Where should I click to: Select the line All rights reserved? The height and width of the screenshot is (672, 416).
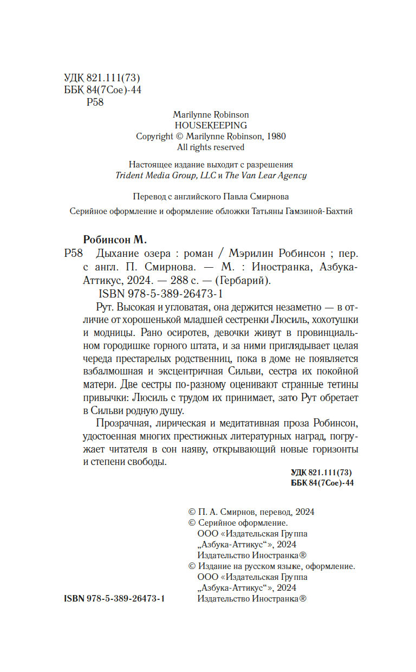pos(211,147)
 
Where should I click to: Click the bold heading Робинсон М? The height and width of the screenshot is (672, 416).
pos(115,238)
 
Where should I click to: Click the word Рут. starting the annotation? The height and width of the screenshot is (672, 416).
pos(109,308)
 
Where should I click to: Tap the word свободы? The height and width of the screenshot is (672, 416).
pos(146,463)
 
